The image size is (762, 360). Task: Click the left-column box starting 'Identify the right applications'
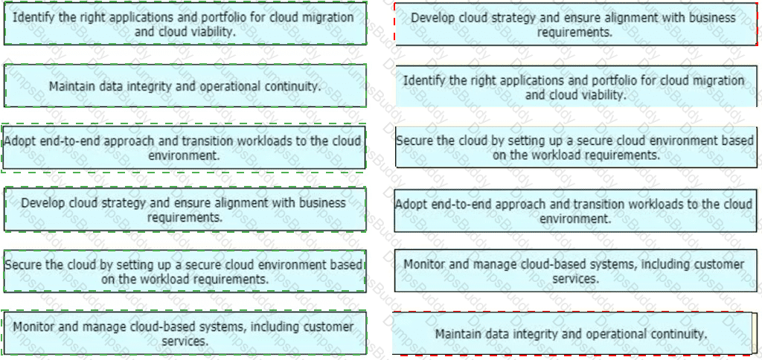pos(185,24)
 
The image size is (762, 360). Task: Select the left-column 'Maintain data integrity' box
pos(185,86)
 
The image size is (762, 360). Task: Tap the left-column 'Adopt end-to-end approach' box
pos(185,148)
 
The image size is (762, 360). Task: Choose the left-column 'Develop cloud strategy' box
pos(185,210)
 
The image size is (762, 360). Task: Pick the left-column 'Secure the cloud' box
pos(185,271)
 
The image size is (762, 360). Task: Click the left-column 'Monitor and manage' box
pos(185,333)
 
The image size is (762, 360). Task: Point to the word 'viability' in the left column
pos(211,32)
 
